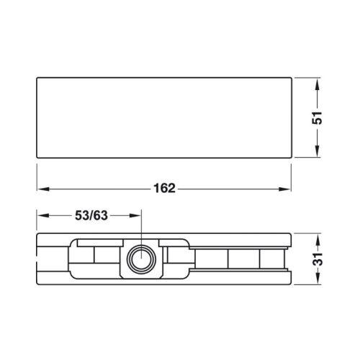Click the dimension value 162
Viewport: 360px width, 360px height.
coord(164,189)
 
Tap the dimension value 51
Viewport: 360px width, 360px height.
coord(317,118)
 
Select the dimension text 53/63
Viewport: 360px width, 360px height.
coord(91,215)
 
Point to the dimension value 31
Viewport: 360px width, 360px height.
coord(317,258)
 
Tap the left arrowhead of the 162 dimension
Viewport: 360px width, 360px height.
coord(44,189)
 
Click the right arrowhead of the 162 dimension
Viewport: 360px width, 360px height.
coord(284,189)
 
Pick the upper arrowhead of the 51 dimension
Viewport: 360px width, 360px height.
coord(317,85)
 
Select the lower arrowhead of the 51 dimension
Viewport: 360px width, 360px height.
coord(317,150)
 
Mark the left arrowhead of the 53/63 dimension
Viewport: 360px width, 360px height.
coord(44,215)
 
